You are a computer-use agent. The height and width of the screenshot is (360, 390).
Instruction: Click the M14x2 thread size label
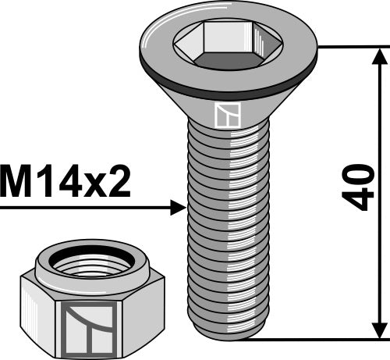tap(66, 184)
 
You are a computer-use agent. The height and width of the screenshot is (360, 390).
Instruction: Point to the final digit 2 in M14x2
tap(117, 184)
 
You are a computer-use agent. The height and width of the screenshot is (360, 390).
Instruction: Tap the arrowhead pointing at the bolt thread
tap(177, 207)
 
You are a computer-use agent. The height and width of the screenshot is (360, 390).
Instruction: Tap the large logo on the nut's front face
tap(90, 326)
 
